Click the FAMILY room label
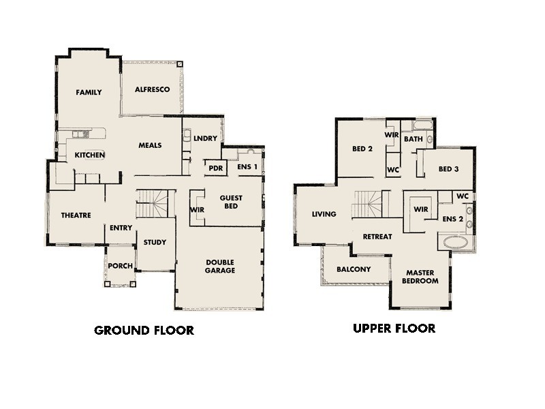(x=89, y=92)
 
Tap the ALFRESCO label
(x=151, y=89)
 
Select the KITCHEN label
(x=89, y=155)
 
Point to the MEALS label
(x=150, y=145)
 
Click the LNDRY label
(x=205, y=138)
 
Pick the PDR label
(x=216, y=168)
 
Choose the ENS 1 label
(x=247, y=167)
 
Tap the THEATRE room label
(x=76, y=215)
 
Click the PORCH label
(x=121, y=266)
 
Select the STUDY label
(x=155, y=242)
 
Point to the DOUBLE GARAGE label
(x=221, y=266)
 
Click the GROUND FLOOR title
(x=144, y=331)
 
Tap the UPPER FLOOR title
(x=394, y=329)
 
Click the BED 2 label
(x=361, y=149)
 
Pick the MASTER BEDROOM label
(x=419, y=276)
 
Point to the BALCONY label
(x=354, y=269)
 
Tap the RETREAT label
(x=377, y=237)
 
